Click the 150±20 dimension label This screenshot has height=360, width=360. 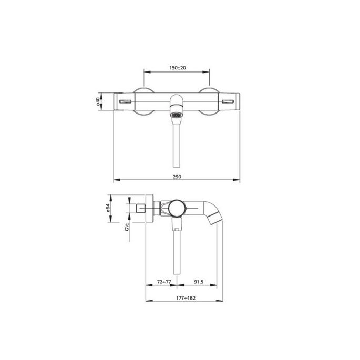[177, 68]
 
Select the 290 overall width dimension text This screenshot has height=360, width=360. [177, 177]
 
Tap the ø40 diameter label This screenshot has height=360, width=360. [98, 101]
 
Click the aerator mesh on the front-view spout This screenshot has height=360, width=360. [177, 114]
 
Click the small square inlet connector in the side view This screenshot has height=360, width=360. [140, 209]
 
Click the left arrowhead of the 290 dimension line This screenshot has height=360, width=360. [117, 181]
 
